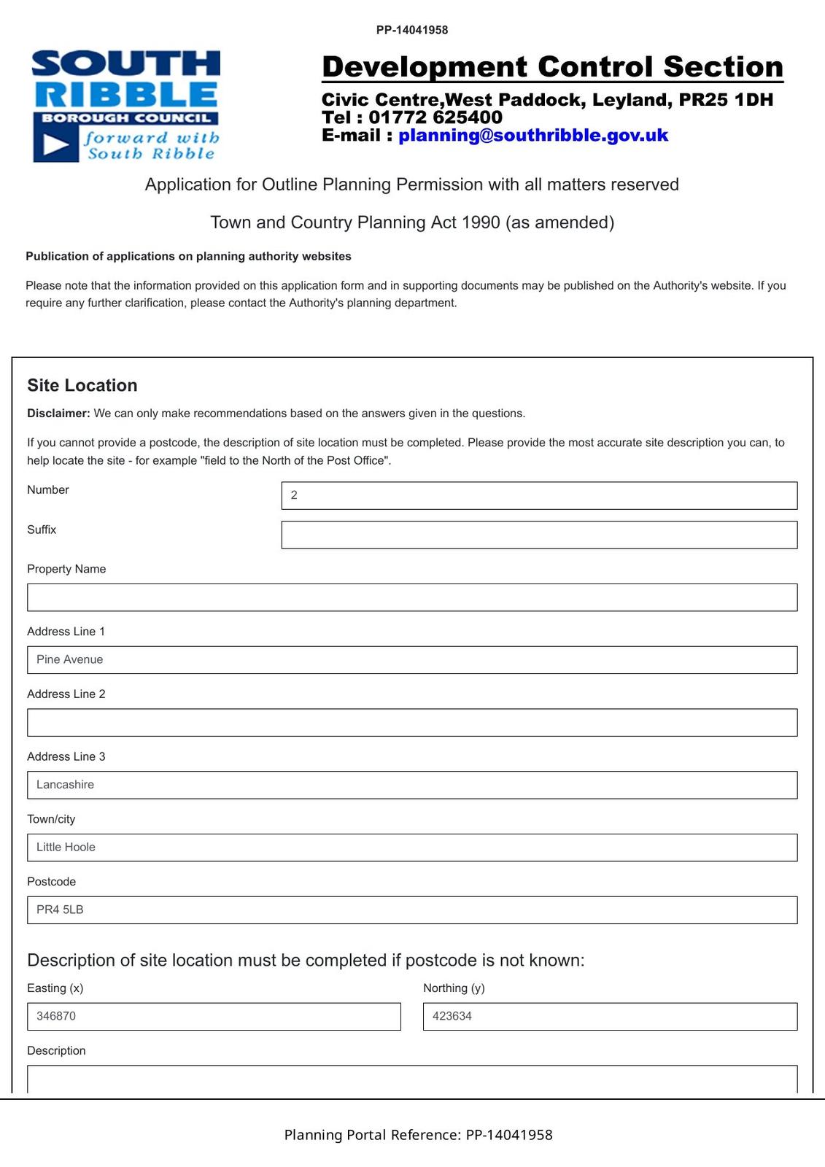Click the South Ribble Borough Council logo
(125, 105)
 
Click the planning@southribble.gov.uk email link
(532, 135)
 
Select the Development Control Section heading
(552, 67)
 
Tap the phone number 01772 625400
(435, 117)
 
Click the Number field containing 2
(538, 495)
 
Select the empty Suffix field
(538, 535)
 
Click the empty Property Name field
(411, 597)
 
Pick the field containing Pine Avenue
(411, 660)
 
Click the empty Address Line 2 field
(411, 722)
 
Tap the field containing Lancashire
(411, 785)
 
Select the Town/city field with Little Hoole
(411, 848)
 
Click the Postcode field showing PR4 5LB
(411, 910)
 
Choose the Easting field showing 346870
(214, 1017)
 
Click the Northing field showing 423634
(610, 1017)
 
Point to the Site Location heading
(82, 385)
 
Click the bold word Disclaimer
(58, 414)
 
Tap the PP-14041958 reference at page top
(412, 30)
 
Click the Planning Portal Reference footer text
(418, 1135)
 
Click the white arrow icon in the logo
(55, 145)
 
